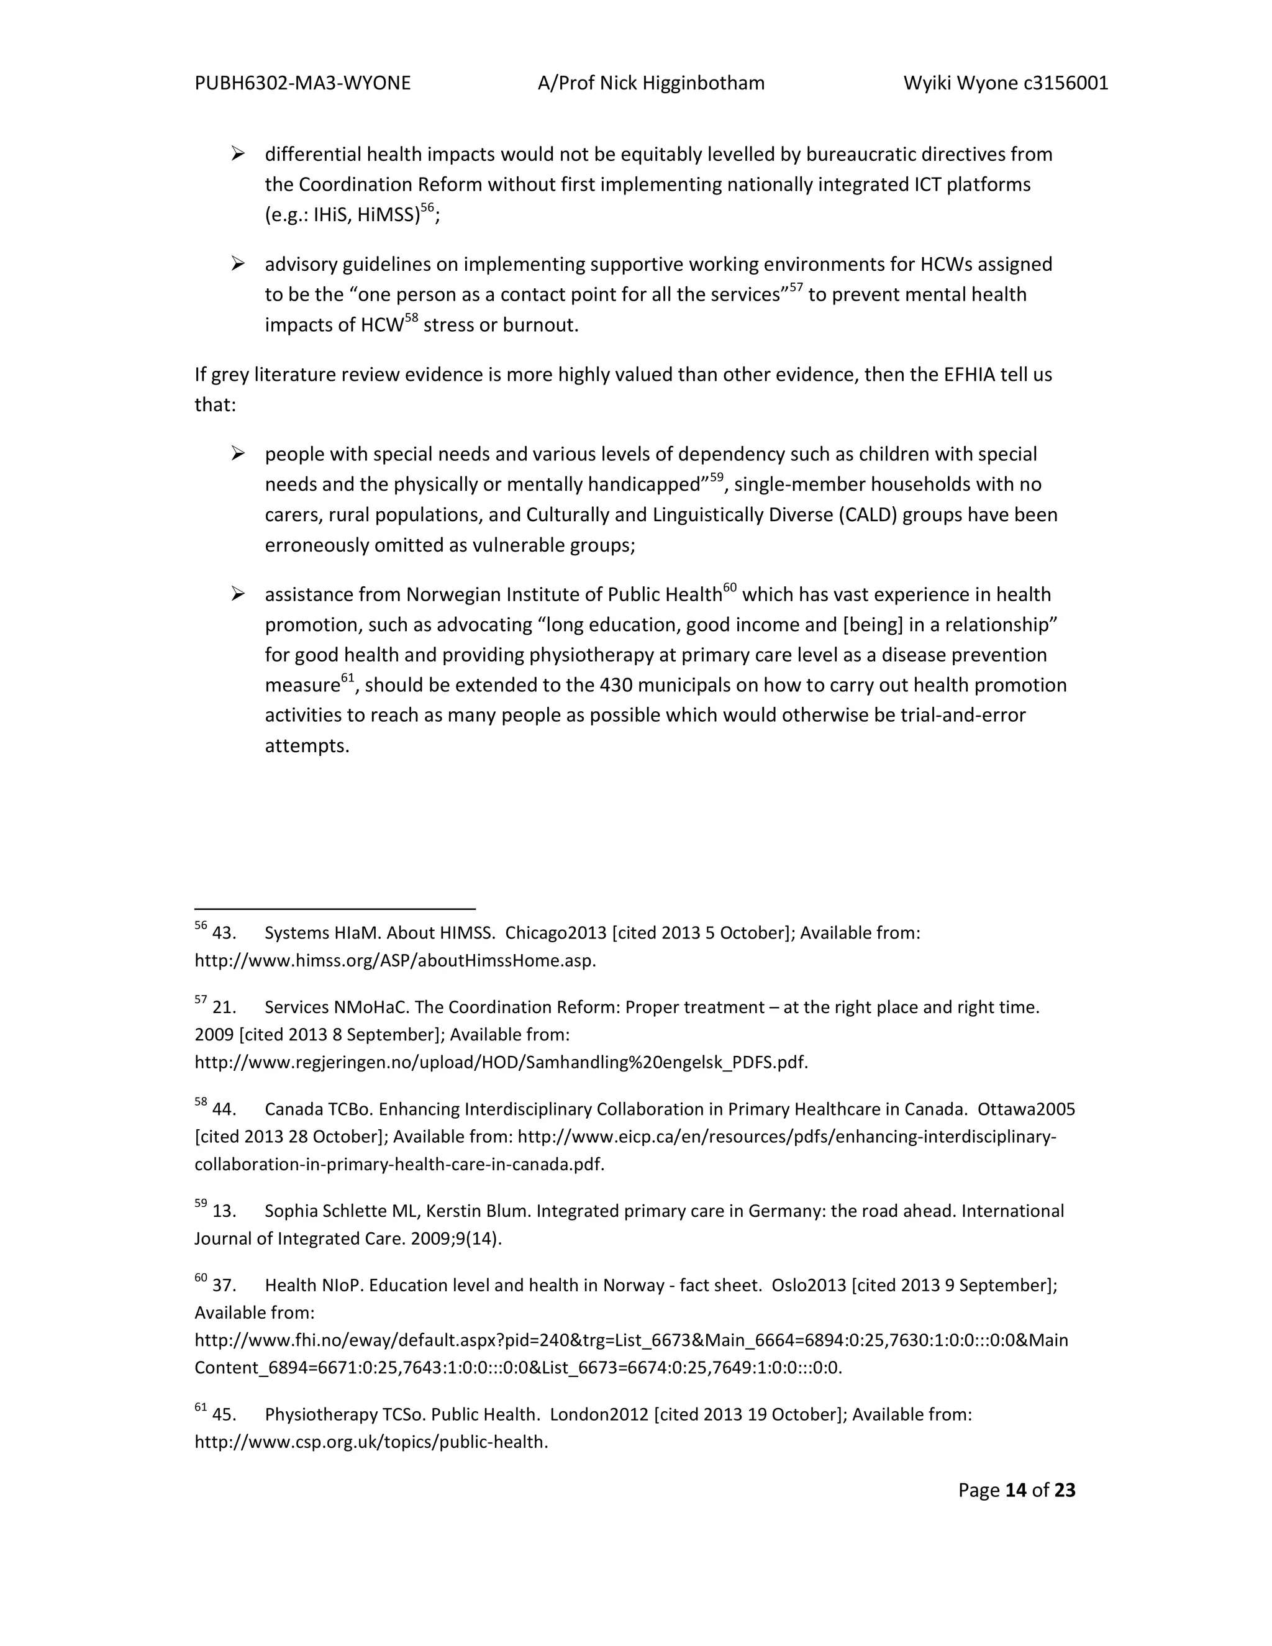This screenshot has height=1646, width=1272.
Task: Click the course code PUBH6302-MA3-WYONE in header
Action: pyautogui.click(x=302, y=83)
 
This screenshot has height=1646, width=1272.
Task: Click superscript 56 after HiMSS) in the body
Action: pyautogui.click(x=427, y=209)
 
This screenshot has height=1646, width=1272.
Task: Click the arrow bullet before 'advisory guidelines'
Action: pyautogui.click(x=238, y=264)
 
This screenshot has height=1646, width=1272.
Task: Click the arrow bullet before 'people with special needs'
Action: pyautogui.click(x=238, y=453)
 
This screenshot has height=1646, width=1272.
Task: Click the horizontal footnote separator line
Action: pyautogui.click(x=335, y=909)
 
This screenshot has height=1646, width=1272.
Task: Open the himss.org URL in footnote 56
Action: pyautogui.click(x=395, y=961)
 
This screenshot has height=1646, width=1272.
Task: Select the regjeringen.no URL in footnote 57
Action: pyautogui.click(x=501, y=1063)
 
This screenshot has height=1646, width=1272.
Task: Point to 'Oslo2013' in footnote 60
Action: pyautogui.click(x=809, y=1286)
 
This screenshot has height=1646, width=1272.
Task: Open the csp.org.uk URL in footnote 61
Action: pyautogui.click(x=371, y=1442)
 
